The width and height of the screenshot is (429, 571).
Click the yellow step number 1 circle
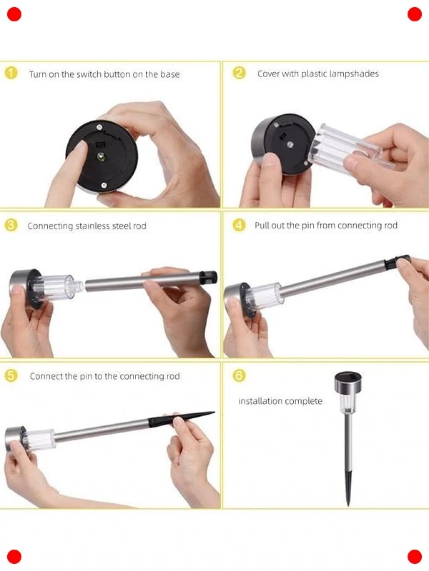[x=11, y=73]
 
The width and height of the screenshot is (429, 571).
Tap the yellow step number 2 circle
[x=239, y=73]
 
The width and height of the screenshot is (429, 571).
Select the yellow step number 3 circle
[x=11, y=225]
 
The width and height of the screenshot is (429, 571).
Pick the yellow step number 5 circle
[x=11, y=376]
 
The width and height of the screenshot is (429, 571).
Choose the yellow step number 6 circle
[x=239, y=376]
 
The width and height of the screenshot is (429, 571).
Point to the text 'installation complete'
[x=280, y=401]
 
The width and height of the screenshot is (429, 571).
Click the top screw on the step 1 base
[x=100, y=127]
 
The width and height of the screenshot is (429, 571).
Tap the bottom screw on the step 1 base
[x=104, y=185]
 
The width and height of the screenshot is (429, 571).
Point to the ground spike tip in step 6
[x=348, y=506]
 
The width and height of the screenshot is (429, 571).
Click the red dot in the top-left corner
[x=14, y=14]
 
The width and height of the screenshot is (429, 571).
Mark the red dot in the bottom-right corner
[x=414, y=557]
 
